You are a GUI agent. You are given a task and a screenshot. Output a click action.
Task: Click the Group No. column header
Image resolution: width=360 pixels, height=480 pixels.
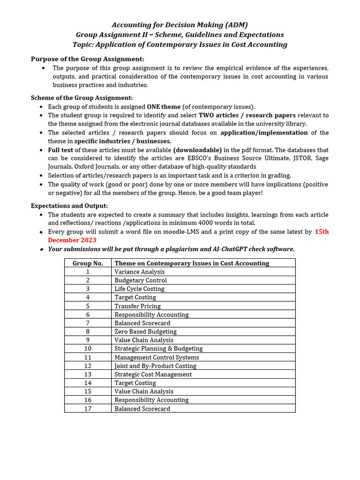pos(88,263)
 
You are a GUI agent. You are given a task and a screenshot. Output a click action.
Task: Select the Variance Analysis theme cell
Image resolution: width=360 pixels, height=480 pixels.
pos(140,272)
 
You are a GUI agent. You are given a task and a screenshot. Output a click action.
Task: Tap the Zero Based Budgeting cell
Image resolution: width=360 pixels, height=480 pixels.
pos(146,331)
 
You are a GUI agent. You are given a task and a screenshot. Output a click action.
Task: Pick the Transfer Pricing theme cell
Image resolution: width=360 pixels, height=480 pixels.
pos(138,306)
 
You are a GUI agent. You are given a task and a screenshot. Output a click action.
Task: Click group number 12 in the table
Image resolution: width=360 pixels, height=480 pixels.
pos(88,366)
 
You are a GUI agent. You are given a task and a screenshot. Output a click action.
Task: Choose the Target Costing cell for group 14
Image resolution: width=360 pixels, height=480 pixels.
pos(135,383)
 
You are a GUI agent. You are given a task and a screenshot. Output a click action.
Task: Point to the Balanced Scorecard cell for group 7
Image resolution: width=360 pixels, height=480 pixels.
pos(142,323)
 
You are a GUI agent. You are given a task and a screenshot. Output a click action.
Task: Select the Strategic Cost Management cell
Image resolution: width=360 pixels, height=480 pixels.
pos(153,375)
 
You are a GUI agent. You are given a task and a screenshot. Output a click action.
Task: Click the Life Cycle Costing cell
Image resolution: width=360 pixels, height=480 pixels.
pos(139,289)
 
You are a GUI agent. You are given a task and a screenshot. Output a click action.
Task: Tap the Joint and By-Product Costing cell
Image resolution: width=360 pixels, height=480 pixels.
pos(156,366)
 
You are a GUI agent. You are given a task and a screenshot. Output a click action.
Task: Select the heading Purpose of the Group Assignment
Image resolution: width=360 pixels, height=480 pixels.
pos(88,59)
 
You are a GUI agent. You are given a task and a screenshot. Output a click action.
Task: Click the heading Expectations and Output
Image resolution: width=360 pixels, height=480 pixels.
pos(69,206)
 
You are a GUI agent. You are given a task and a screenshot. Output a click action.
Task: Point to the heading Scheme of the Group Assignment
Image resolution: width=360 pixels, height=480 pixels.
pos(82,98)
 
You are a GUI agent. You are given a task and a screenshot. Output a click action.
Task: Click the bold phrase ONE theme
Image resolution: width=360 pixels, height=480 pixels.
pos(164,107)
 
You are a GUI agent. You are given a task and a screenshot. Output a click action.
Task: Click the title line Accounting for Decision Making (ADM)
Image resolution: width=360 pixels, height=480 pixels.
pos(180,25)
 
